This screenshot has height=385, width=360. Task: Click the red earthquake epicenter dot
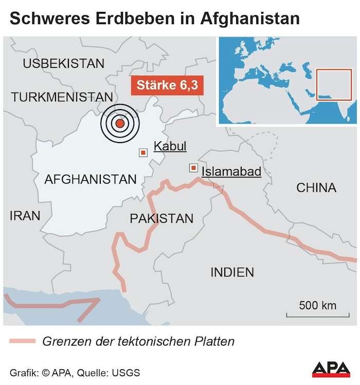coord(120,123)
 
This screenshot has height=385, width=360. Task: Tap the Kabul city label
coord(170,146)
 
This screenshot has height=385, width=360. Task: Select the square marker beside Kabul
coord(143,152)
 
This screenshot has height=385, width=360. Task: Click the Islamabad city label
coord(231,171)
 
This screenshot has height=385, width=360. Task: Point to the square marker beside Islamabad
coord(193,168)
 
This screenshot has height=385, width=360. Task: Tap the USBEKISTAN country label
coord(63,64)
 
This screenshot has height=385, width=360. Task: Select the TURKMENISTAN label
coord(62,97)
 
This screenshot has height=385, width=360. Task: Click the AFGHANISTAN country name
coord(91,180)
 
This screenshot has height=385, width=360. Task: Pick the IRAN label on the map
coord(25,216)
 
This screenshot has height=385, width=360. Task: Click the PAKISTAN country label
coord(161,219)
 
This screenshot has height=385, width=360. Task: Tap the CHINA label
coord(316,188)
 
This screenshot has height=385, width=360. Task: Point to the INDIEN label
coord(232,272)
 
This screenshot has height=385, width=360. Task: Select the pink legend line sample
coord(22,341)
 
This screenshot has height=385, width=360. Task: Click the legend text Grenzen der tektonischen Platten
coord(138,341)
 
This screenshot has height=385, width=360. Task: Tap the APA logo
coord(331,370)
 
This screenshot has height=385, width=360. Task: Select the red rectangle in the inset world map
coord(333,85)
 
